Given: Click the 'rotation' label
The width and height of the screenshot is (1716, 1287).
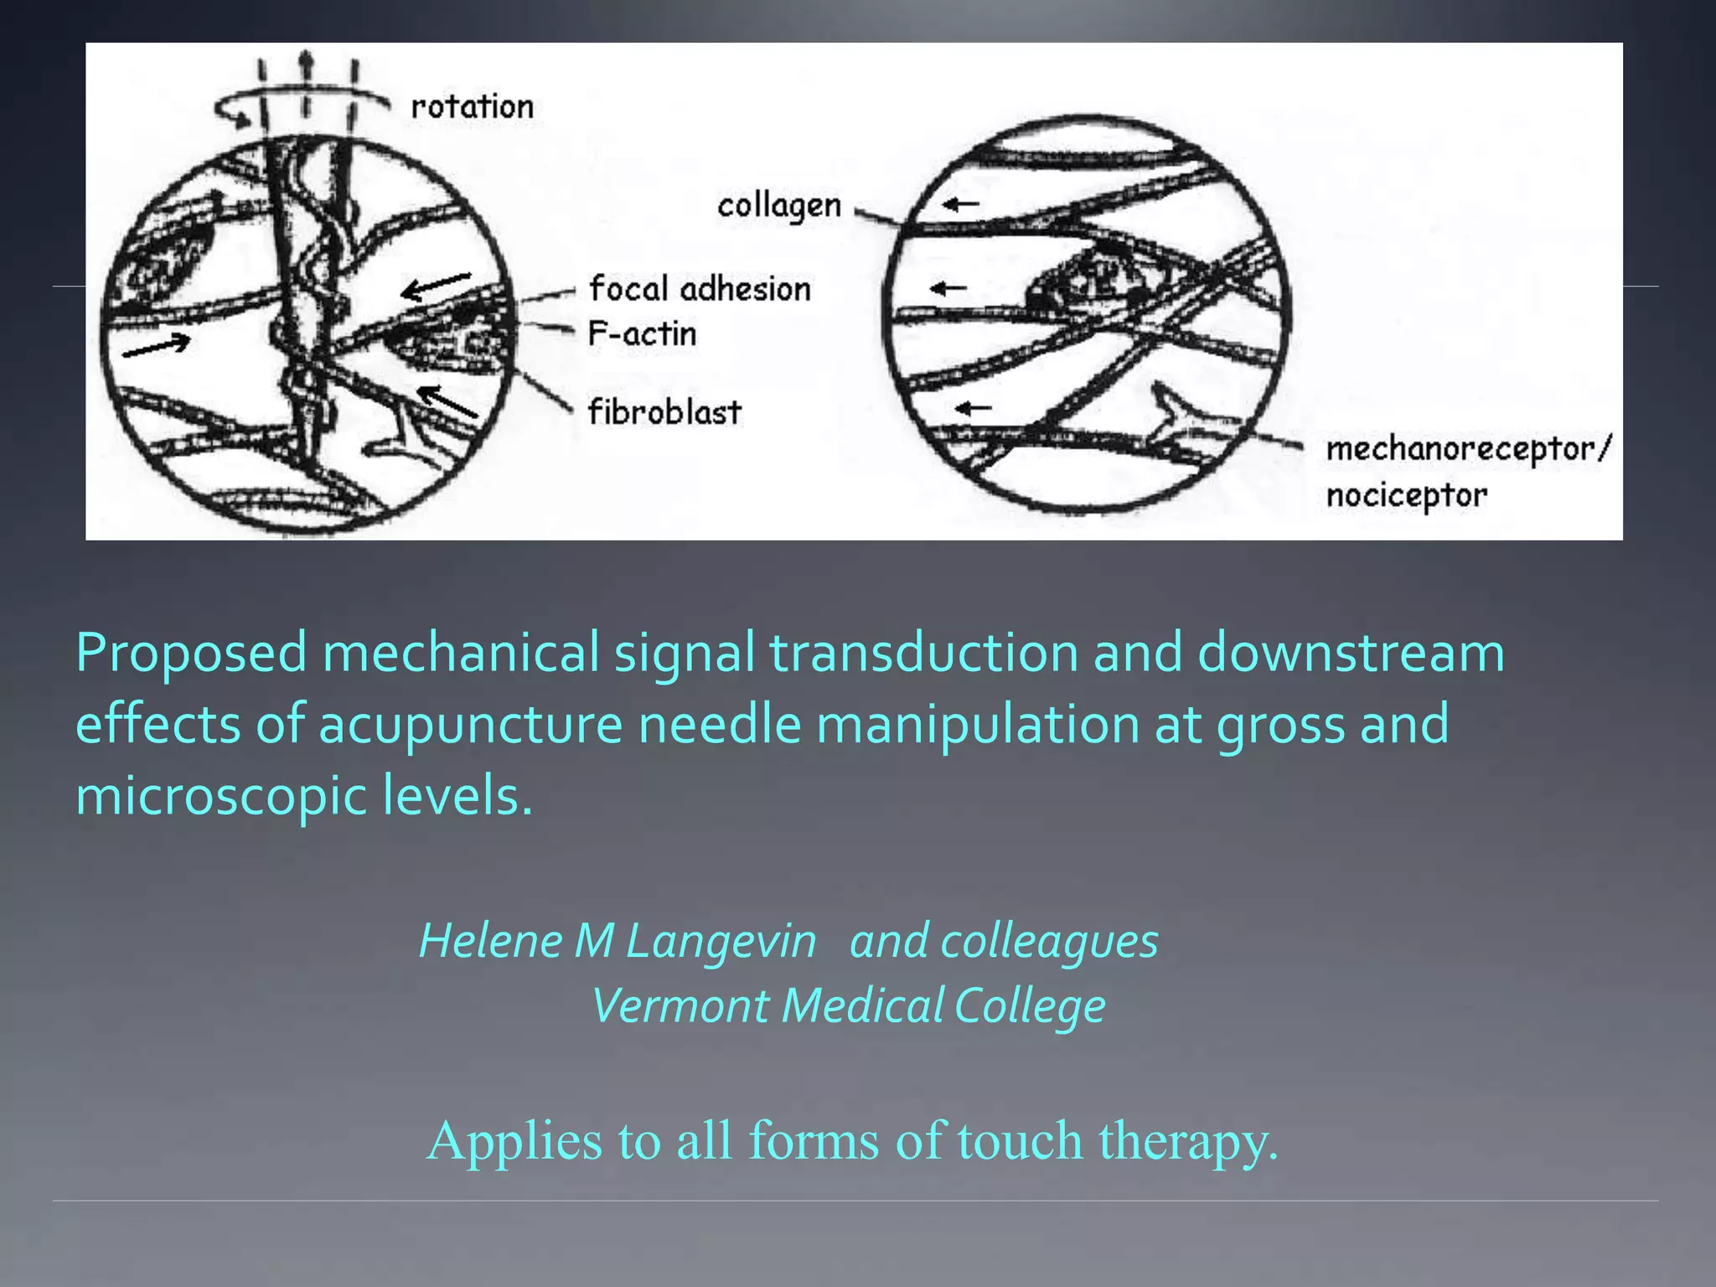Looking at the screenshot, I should coord(472,107).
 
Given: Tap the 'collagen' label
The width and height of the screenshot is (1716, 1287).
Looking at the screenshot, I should coord(778,206).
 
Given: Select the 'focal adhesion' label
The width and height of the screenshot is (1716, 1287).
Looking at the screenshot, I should coord(700,289).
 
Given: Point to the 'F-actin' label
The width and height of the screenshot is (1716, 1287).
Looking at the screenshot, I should coord(642,333).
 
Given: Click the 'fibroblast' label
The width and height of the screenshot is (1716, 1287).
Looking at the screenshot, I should coord(664,411).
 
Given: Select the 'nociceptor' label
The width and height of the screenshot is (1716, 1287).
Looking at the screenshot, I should coord(1406,495).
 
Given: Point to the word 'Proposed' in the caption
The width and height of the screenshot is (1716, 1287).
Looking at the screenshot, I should coord(192,654).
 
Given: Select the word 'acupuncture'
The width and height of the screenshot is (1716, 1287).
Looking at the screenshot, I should coord(470,725).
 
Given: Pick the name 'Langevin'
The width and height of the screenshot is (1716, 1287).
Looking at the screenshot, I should coord(721,941).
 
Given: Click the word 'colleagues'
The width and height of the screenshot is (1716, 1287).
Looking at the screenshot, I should coord(1049,942).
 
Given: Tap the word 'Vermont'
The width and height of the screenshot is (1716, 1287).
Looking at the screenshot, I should coord(680,1005).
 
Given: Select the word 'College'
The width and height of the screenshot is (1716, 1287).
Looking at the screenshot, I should coord(1030,1006).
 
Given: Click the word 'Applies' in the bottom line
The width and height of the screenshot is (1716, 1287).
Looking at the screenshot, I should coord(514,1141).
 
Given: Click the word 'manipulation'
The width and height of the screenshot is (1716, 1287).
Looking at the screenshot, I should coord(977,725).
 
